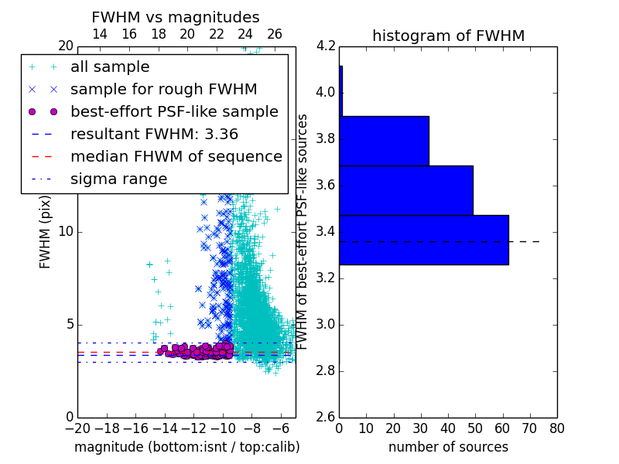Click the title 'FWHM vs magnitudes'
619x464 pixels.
pyautogui.click(x=176, y=17)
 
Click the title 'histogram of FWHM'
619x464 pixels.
pyautogui.click(x=449, y=36)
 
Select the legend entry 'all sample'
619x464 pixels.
pyautogui.click(x=110, y=67)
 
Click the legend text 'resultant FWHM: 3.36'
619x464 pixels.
pyautogui.click(x=154, y=135)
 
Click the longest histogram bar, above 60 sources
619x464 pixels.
pyautogui.click(x=424, y=240)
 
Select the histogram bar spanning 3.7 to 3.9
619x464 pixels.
pyautogui.click(x=384, y=141)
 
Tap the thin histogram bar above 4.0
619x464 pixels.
pyautogui.click(x=341, y=91)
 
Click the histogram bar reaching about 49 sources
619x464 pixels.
pyautogui.click(x=406, y=190)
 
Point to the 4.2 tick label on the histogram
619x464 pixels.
pyautogui.click(x=326, y=46)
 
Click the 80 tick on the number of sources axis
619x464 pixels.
pyautogui.click(x=556, y=428)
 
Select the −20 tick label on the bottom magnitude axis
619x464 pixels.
pyautogui.click(x=78, y=428)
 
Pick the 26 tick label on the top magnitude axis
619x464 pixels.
pyautogui.click(x=275, y=34)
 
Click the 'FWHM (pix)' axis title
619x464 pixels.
pyautogui.click(x=45, y=233)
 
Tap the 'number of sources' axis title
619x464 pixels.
pyautogui.click(x=449, y=447)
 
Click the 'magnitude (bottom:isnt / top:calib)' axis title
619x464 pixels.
pyautogui.click(x=187, y=447)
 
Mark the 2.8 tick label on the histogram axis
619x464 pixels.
pyautogui.click(x=326, y=371)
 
